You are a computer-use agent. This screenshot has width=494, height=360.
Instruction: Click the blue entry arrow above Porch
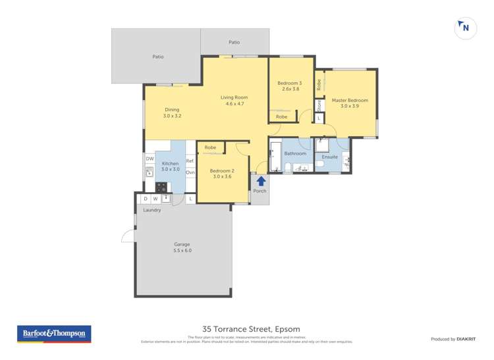[x=260, y=180]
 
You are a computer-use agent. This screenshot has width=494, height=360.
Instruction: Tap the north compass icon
[x=464, y=27]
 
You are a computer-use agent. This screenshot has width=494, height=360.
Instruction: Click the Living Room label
[x=235, y=101]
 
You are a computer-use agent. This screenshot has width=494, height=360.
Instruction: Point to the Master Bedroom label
[x=350, y=104]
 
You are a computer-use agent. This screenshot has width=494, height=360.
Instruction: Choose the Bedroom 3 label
[x=289, y=86]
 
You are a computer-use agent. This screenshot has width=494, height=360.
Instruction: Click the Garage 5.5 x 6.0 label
[x=182, y=247]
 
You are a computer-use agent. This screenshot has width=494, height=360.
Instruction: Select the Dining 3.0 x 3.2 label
[x=172, y=113]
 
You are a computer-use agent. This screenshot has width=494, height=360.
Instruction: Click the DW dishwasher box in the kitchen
[x=150, y=159]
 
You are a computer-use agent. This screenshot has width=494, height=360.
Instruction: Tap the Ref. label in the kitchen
[x=190, y=161]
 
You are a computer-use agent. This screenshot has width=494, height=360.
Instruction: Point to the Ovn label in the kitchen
[x=190, y=172]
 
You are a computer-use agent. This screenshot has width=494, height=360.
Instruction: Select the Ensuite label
[x=329, y=157]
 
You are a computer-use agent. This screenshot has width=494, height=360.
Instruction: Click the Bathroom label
[x=295, y=153]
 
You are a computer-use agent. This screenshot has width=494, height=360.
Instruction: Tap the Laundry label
[x=152, y=210]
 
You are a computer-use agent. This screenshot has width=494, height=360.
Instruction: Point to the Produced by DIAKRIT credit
[x=454, y=338]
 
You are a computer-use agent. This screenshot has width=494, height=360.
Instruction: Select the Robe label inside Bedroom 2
[x=211, y=147]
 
